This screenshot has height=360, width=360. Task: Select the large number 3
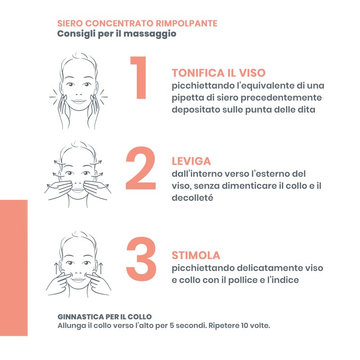tap(141, 258)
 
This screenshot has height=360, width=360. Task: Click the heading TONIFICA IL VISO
tap(219, 73)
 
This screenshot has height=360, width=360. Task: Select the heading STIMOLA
tap(196, 256)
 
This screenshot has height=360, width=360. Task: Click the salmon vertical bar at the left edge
tap(13, 268)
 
